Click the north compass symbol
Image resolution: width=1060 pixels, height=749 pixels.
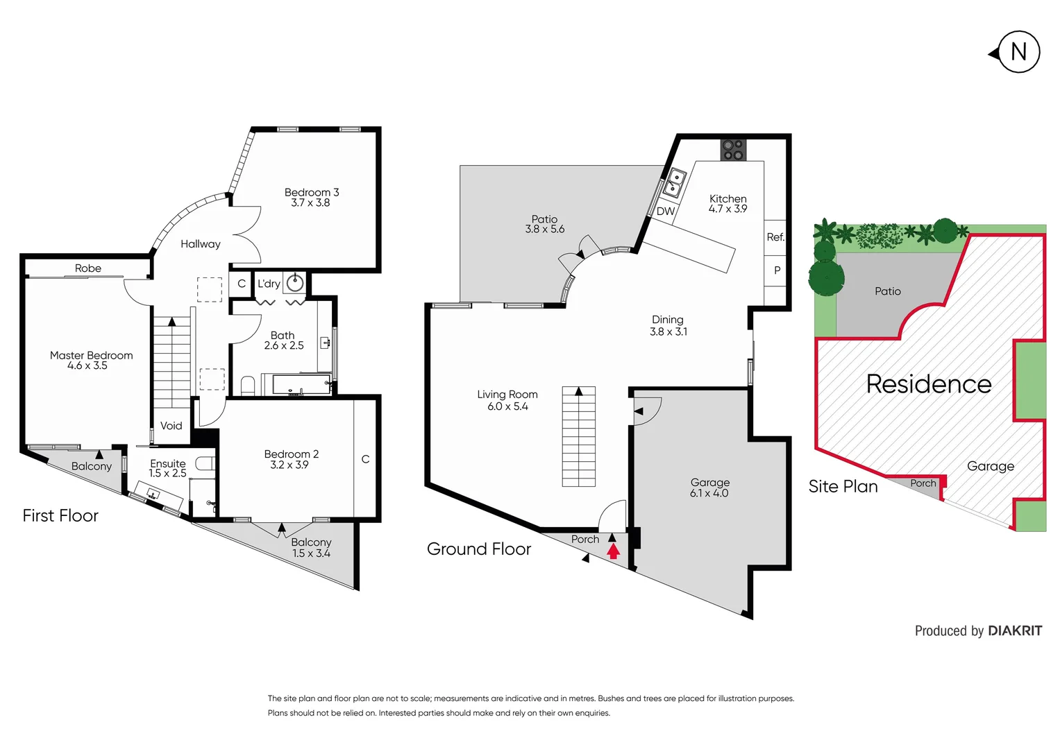tap(1017, 52)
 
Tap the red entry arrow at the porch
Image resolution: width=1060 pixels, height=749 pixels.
tap(613, 551)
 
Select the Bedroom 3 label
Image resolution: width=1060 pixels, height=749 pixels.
tap(312, 192)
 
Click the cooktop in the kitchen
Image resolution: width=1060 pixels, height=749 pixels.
tap(733, 150)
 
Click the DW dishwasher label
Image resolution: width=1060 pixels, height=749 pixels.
tap(665, 212)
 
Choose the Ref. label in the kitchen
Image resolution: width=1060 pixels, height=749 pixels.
tap(775, 237)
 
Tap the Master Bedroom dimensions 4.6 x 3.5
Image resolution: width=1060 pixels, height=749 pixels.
tap(87, 366)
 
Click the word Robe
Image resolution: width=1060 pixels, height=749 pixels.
tap(88, 268)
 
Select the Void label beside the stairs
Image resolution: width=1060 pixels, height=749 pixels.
tap(171, 426)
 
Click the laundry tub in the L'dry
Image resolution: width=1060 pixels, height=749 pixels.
tap(296, 282)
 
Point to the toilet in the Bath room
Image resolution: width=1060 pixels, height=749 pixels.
tap(248, 385)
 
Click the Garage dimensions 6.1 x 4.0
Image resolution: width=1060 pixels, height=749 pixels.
tap(709, 494)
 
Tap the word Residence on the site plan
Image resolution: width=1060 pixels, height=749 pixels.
tap(929, 384)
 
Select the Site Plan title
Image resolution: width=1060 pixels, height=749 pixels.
tap(843, 487)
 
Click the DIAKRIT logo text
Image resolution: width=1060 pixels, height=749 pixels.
tap(1014, 631)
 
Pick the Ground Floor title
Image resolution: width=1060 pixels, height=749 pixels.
tap(479, 549)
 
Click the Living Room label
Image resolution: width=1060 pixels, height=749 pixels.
tap(507, 395)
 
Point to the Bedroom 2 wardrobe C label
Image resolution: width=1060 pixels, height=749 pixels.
tap(365, 459)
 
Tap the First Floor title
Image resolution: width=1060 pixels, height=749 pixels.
tap(60, 516)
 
